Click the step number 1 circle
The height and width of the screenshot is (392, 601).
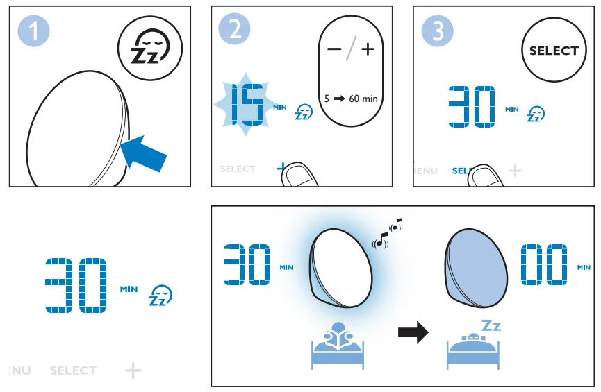(32, 31)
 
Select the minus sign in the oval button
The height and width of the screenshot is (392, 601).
(334, 49)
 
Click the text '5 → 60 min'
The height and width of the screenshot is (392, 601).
(352, 99)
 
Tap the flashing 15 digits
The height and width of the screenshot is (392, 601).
(248, 108)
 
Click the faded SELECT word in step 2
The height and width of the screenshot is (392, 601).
(238, 169)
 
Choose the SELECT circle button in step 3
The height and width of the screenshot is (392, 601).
(553, 51)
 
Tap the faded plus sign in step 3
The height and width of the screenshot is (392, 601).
(514, 170)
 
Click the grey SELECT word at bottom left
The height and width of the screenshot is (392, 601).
(73, 370)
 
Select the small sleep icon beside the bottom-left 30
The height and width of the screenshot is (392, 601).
(160, 296)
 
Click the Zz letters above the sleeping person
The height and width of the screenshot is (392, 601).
(491, 325)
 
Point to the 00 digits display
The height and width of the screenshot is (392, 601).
(545, 264)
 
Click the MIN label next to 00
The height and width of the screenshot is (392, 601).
(584, 267)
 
